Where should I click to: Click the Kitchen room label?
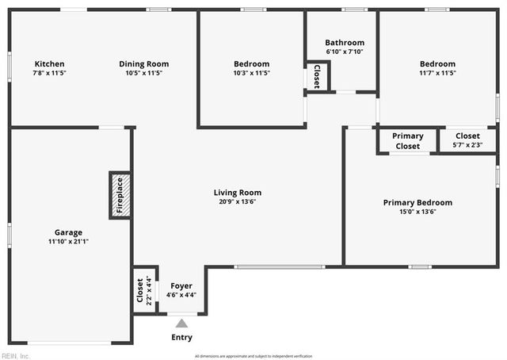pyautogui.click(x=49, y=64)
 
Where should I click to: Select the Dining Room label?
pyautogui.click(x=143, y=64)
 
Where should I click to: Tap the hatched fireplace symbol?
pyautogui.click(x=120, y=195)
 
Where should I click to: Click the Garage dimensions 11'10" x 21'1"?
pyautogui.click(x=67, y=241)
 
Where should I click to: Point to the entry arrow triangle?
pyautogui.click(x=181, y=323)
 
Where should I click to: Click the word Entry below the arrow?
pyautogui.click(x=181, y=337)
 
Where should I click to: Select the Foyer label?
pyautogui.click(x=181, y=286)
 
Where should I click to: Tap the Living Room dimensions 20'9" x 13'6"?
pyautogui.click(x=238, y=201)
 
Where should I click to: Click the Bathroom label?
pyautogui.click(x=345, y=43)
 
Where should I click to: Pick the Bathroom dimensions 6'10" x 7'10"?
pyautogui.click(x=345, y=52)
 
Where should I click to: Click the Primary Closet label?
pyautogui.click(x=407, y=140)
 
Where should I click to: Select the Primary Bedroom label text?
pyautogui.click(x=417, y=203)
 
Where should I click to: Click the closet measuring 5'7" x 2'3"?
pyautogui.click(x=467, y=140)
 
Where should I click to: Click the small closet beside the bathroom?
pyautogui.click(x=317, y=76)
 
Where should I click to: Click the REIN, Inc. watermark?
pyautogui.click(x=16, y=356)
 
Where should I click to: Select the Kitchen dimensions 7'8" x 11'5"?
pyautogui.click(x=49, y=73)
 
